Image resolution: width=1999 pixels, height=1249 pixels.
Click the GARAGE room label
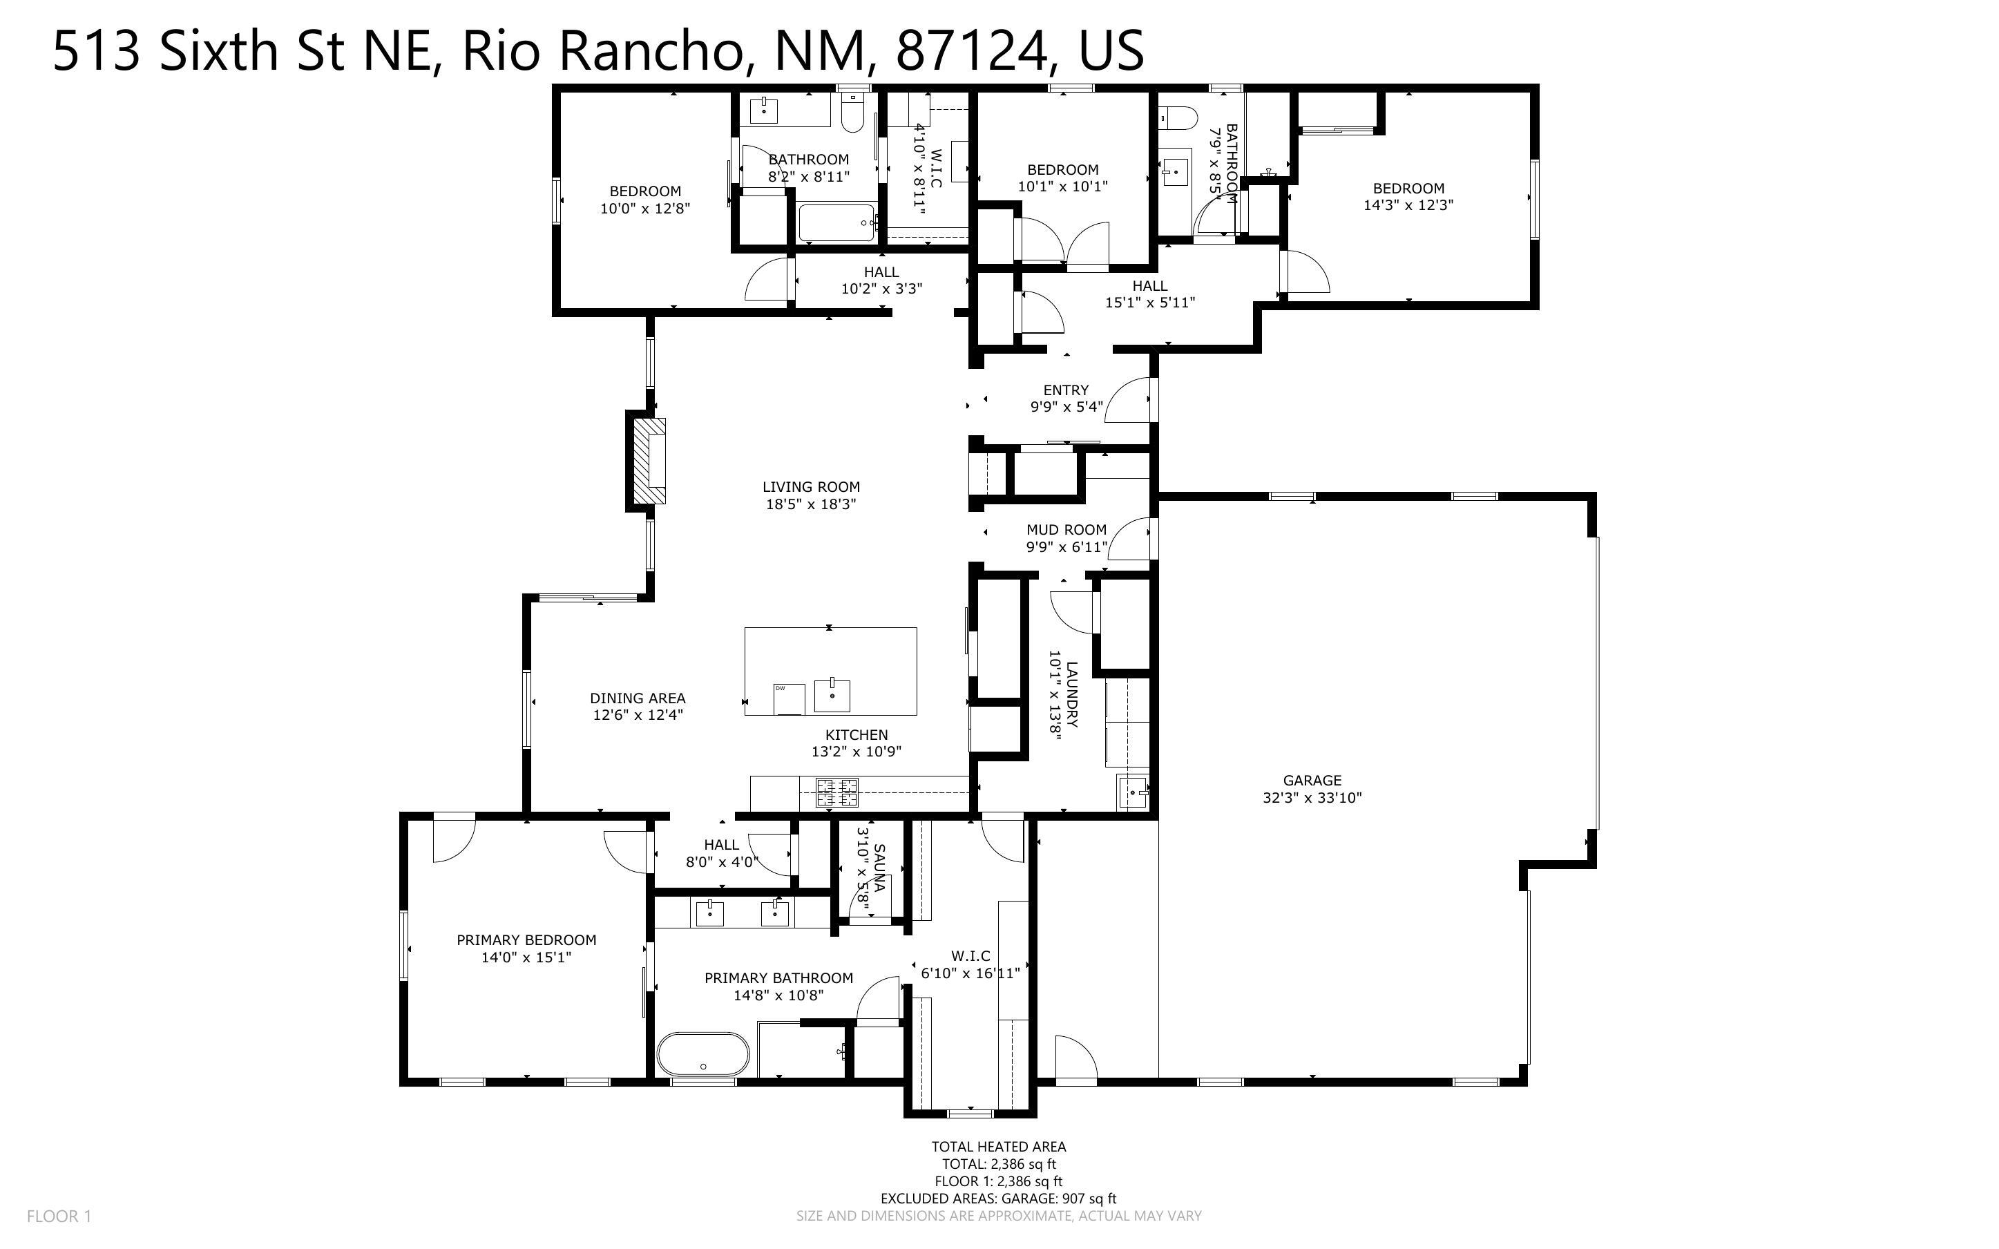[1312, 780]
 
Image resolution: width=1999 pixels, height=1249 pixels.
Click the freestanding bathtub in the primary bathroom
[703, 1054]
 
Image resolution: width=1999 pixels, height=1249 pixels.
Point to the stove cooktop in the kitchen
[837, 793]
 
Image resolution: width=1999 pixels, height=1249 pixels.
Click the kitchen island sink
[832, 696]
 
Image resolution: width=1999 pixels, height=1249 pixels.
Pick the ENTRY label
[1066, 390]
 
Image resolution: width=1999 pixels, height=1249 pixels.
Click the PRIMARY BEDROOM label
[527, 940]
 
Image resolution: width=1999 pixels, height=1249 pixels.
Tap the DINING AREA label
[638, 698]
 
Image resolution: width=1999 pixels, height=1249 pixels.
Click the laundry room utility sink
[1132, 793]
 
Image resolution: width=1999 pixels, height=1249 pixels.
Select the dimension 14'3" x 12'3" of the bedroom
[1408, 205]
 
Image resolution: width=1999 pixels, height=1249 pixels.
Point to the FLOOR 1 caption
[59, 1216]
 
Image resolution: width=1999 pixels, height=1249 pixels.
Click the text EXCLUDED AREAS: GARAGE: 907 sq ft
[998, 1199]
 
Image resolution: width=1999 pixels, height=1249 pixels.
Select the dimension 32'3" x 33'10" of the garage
[1312, 798]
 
